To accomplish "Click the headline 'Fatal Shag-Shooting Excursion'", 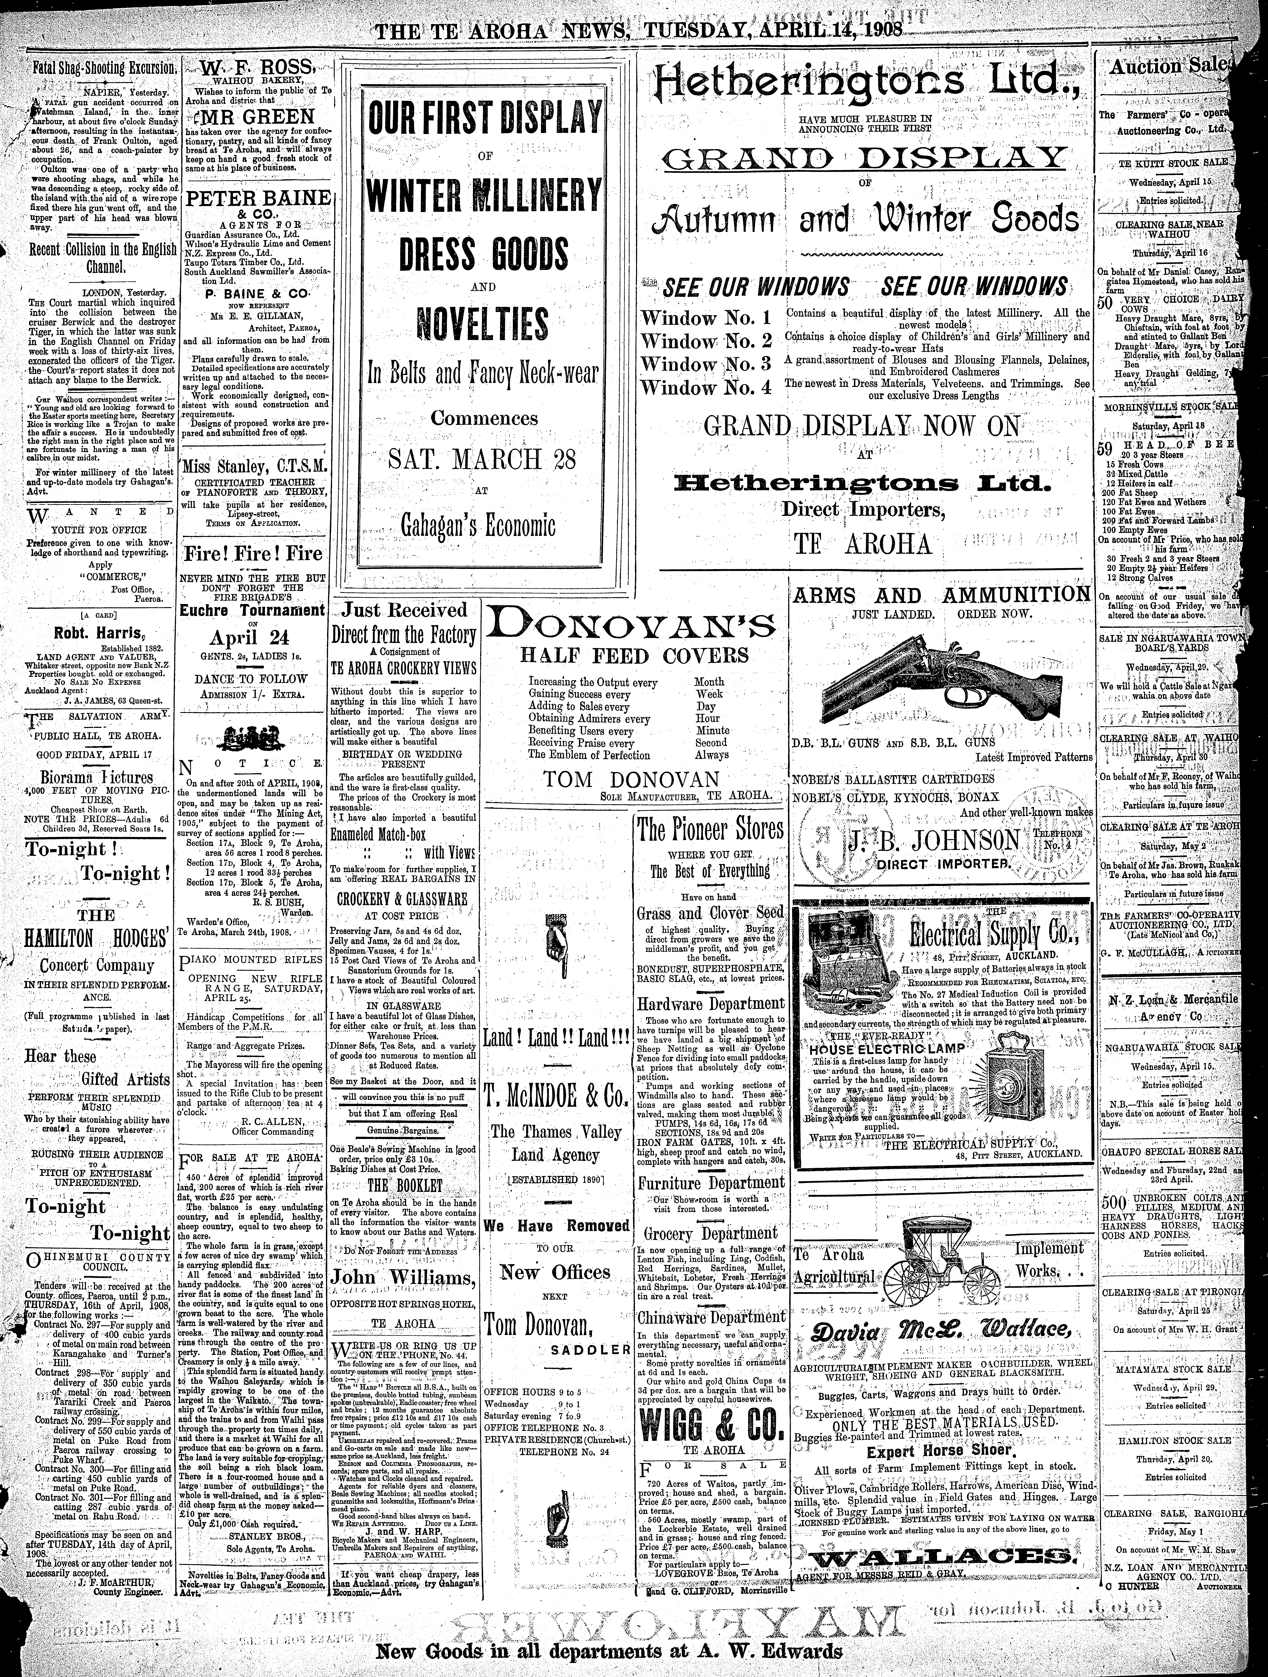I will coord(104,67).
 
